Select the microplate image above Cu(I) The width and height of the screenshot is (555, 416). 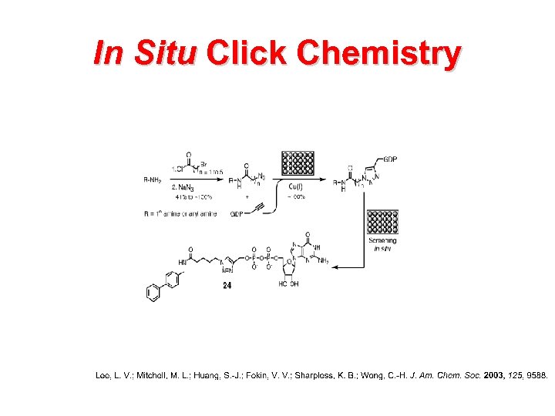pyautogui.click(x=297, y=163)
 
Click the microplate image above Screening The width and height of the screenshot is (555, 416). pyautogui.click(x=382, y=221)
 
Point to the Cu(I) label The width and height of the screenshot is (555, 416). pyautogui.click(x=296, y=186)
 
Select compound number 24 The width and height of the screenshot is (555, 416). pyautogui.click(x=227, y=286)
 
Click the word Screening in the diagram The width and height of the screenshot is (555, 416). pyautogui.click(x=382, y=241)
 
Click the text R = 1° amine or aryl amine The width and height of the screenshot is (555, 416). pyautogui.click(x=180, y=213)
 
